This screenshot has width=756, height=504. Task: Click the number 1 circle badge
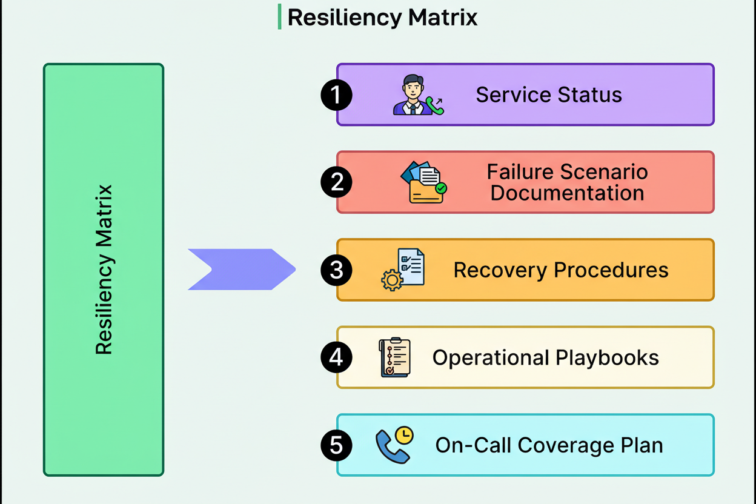click(336, 95)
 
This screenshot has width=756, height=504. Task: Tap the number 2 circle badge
click(336, 182)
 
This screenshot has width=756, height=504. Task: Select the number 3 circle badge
click(336, 270)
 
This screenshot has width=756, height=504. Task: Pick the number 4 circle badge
click(336, 357)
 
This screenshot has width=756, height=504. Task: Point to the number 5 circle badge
click(336, 445)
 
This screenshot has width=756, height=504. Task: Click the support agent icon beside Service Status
click(417, 95)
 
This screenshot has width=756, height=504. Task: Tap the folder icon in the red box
click(423, 182)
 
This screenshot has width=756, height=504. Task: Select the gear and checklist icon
click(403, 270)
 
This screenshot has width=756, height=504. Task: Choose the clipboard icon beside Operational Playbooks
click(395, 357)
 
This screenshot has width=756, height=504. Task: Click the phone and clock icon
click(394, 445)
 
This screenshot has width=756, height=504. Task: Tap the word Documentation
click(567, 193)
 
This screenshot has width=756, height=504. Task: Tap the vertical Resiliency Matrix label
click(104, 270)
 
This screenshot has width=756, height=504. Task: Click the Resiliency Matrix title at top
click(382, 17)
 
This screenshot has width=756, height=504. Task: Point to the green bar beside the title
click(279, 16)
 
